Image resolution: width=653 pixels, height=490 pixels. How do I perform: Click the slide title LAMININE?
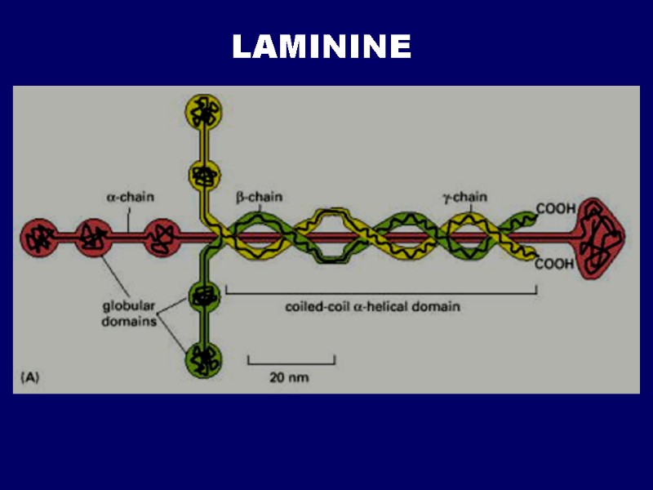tap(322, 47)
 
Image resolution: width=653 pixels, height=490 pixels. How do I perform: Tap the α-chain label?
tap(131, 197)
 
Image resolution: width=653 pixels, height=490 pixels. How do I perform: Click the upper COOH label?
tap(555, 209)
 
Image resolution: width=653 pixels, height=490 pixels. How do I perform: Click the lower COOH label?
tap(555, 265)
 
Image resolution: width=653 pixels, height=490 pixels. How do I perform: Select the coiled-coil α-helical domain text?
tap(372, 307)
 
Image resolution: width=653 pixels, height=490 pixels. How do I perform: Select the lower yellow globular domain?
tap(202, 173)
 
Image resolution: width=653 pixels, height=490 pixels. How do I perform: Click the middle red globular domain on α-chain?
tap(95, 238)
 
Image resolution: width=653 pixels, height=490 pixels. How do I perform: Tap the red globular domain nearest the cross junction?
tap(160, 238)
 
